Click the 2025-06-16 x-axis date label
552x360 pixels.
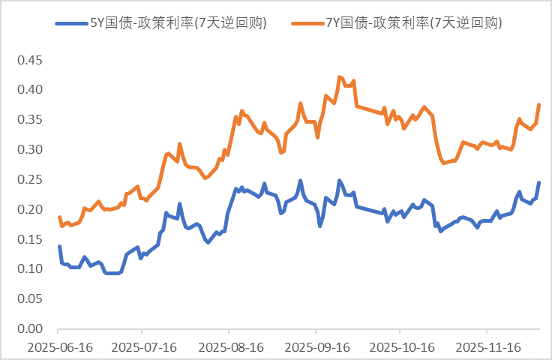click(58, 347)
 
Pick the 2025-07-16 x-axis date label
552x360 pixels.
click(144, 347)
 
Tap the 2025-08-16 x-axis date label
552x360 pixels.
click(229, 347)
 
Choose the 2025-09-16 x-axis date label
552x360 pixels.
click(316, 347)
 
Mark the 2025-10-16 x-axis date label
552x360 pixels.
click(401, 347)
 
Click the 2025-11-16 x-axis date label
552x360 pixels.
click(487, 347)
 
